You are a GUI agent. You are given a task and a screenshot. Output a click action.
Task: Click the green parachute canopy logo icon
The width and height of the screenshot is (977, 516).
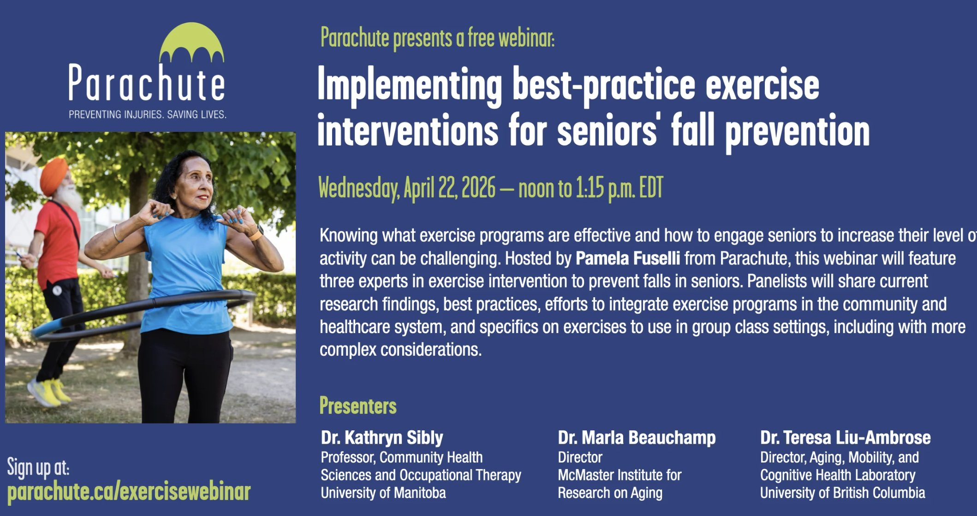(191, 42)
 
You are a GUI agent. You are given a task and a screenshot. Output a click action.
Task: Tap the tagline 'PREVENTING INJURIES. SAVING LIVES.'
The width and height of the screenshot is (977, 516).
(148, 114)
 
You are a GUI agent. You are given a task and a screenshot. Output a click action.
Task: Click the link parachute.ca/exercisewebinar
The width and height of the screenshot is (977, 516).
(129, 492)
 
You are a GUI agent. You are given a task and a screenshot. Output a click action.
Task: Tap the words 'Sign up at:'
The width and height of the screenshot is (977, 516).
(38, 467)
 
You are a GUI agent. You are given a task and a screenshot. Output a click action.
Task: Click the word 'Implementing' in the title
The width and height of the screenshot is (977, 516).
(410, 86)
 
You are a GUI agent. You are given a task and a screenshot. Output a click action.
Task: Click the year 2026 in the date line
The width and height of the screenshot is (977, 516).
(478, 188)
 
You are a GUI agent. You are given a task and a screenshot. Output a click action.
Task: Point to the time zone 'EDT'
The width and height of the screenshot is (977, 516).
(651, 188)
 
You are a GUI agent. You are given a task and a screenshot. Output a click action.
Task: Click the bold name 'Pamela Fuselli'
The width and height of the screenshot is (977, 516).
(628, 258)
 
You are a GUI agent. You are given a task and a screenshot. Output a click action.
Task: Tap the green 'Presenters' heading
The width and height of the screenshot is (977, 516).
(358, 406)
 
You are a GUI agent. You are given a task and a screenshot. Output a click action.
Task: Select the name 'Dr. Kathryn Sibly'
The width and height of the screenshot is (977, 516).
(382, 438)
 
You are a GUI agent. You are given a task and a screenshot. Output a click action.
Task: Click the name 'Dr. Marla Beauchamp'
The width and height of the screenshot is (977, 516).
(637, 438)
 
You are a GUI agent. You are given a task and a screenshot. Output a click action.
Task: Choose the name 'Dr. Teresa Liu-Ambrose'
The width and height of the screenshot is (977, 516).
(845, 438)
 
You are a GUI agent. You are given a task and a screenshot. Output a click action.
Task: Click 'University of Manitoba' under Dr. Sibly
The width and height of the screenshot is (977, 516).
(383, 493)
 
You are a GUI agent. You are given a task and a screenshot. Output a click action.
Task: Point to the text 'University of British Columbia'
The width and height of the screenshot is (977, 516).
(842, 493)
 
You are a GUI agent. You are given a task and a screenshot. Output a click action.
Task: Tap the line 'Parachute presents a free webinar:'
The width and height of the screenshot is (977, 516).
(437, 38)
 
